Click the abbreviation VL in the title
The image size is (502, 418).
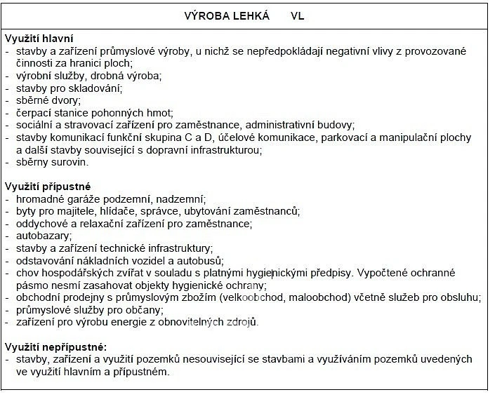tap(298, 15)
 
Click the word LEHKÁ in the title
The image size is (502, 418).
tap(248, 15)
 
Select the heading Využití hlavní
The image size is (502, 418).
tap(39, 39)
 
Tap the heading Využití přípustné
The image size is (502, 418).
tap(48, 187)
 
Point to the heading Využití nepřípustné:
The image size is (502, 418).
tap(56, 346)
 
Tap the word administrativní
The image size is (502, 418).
tap(275, 125)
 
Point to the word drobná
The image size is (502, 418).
tap(105, 76)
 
